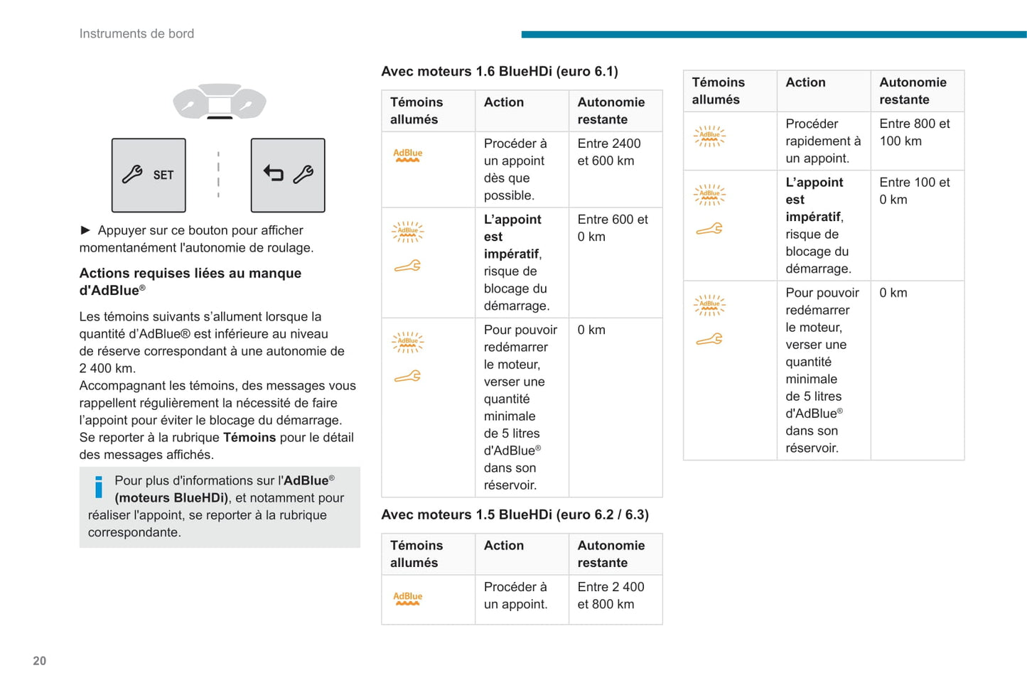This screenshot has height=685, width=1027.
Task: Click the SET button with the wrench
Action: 149,175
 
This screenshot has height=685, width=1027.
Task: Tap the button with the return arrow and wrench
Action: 288,175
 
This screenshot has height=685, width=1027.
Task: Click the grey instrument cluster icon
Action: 220,102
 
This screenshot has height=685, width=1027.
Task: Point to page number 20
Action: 40,661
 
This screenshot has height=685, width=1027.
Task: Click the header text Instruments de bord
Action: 136,33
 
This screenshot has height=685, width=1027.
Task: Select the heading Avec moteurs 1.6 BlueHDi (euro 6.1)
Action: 499,71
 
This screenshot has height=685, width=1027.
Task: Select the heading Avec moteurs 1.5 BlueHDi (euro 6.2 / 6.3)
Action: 515,514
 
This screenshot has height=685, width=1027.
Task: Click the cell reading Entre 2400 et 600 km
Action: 609,152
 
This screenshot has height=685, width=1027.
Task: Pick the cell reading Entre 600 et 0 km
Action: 612,228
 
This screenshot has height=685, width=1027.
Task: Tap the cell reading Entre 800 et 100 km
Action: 914,132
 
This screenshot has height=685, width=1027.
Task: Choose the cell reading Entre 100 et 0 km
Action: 914,190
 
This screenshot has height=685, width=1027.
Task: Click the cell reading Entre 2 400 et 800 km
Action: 611,595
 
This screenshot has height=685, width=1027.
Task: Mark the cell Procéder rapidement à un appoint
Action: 822,141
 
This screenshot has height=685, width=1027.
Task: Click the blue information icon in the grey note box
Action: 99,487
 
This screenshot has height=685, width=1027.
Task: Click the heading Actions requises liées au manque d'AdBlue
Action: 190,281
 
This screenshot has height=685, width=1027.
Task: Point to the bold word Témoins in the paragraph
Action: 249,437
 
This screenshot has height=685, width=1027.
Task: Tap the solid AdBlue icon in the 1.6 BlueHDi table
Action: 408,155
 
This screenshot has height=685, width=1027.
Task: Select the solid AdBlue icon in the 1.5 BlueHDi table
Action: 408,598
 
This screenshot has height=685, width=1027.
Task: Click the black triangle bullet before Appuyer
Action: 85,230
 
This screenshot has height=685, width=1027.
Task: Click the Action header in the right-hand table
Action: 805,82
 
